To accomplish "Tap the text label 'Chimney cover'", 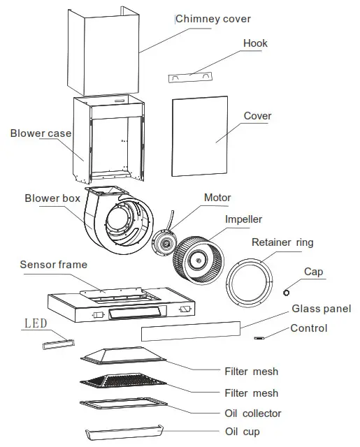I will point(213,18).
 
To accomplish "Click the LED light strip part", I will point(58,342).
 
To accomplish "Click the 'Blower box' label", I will point(53,198).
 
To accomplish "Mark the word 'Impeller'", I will point(243,219).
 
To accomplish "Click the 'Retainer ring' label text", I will point(282,242).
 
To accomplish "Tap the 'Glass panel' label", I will point(321,309).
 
